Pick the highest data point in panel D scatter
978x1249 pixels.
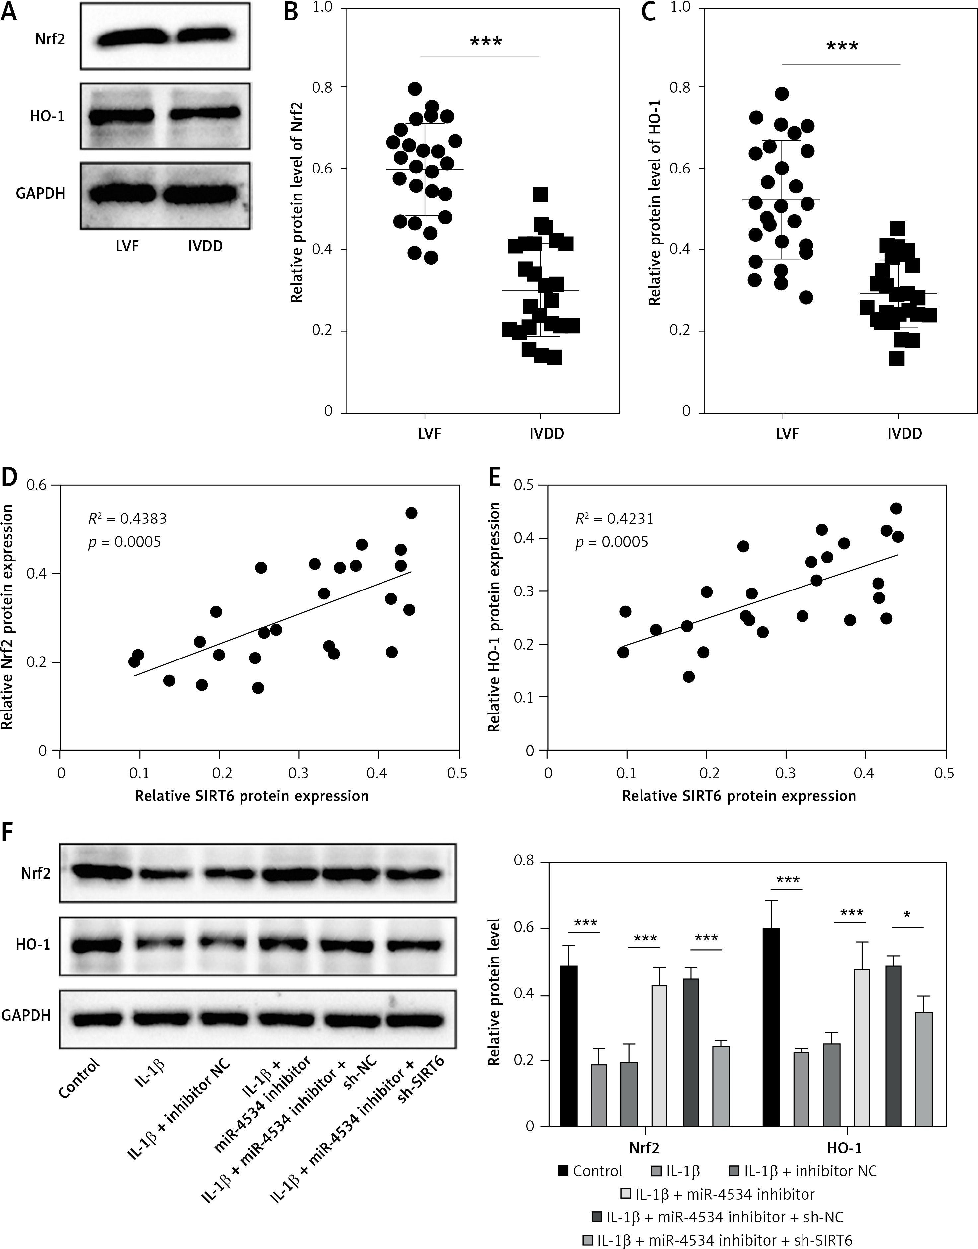[411, 513]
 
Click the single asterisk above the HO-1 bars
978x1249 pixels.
[907, 916]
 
